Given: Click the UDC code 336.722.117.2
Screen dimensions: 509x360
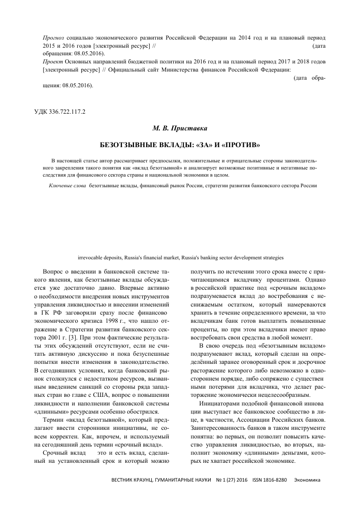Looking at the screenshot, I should pos(57,112).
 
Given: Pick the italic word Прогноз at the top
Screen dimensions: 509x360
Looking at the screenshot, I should pos(54,38).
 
